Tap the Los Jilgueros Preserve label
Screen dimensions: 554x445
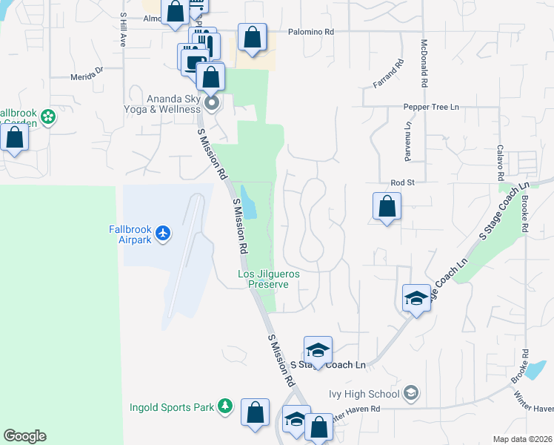coord(268,279)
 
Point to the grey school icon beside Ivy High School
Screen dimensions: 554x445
coord(412,394)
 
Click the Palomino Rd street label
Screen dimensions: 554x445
coord(313,32)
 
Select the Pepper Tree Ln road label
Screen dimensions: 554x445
coord(431,107)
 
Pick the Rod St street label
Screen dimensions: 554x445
coord(401,182)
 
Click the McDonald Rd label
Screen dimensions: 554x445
coord(424,64)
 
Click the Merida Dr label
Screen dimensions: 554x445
coord(87,72)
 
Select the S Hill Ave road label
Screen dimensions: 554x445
coord(124,33)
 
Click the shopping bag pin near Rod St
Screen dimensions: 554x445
coord(387,206)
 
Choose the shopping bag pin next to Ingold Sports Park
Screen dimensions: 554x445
coord(255,414)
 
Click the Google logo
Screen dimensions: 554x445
coord(24,436)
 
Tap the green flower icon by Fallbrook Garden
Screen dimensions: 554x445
coord(48,116)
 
